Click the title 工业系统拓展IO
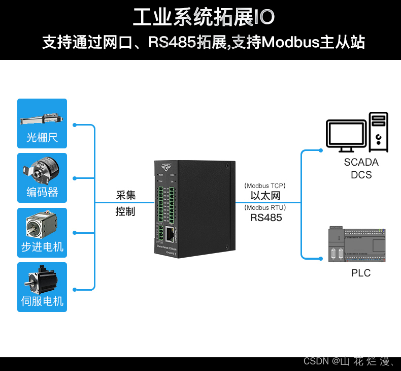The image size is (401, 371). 204,17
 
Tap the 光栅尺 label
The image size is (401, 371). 42,138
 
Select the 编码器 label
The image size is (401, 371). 42,192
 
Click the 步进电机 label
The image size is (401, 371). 42,247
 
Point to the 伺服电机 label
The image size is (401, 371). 42,301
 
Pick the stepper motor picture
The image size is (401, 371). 42,225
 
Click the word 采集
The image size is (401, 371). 125,195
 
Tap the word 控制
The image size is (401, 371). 125,211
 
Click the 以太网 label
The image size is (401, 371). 265,196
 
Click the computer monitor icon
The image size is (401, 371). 347,135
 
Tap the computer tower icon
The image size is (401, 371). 379,132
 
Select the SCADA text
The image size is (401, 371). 361,163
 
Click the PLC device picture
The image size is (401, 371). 358,245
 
